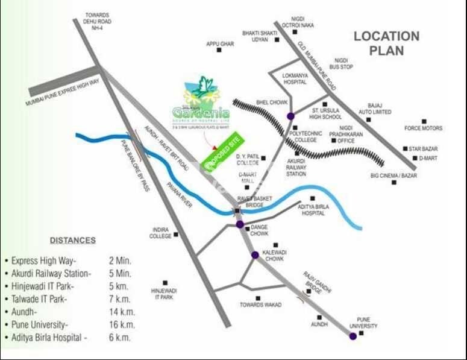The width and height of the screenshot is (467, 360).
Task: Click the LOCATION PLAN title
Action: [x=386, y=43]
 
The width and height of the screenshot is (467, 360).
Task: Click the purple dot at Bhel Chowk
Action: [x=291, y=116]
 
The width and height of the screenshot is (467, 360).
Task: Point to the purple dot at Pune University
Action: [x=353, y=336]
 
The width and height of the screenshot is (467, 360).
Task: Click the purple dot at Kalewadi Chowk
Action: [x=255, y=254]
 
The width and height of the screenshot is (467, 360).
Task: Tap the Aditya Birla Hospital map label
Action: [x=317, y=209]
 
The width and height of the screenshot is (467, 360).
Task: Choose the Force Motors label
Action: [x=423, y=128]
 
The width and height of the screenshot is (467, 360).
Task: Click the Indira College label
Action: [x=161, y=233]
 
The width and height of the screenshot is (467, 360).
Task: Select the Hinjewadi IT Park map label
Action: [x=163, y=294]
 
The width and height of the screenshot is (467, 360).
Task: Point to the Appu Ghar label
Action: [x=219, y=44]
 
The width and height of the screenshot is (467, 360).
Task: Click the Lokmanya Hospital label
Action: [x=295, y=78]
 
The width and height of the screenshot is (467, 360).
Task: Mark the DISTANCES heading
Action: [x=72, y=240]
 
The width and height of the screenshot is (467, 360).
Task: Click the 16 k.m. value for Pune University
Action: [x=121, y=324]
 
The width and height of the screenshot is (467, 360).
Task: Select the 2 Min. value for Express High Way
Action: [x=120, y=261]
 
